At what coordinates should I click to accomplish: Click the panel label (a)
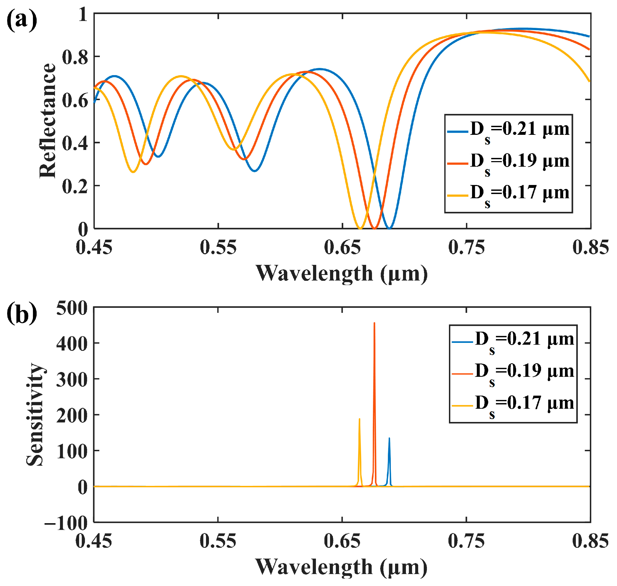click(22, 20)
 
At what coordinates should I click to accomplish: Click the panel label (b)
click(22, 313)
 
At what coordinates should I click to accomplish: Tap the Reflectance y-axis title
click(48, 120)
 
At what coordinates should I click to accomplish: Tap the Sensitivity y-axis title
click(35, 415)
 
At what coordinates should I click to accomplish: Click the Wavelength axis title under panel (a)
click(341, 274)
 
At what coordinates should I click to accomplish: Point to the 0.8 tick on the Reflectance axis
click(75, 57)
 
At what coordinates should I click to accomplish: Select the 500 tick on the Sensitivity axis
click(72, 308)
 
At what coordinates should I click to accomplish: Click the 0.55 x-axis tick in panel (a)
click(218, 247)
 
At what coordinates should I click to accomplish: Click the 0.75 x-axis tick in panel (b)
click(466, 540)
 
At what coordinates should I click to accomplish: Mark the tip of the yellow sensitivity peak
click(359, 419)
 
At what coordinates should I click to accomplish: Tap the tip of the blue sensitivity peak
click(389, 438)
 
